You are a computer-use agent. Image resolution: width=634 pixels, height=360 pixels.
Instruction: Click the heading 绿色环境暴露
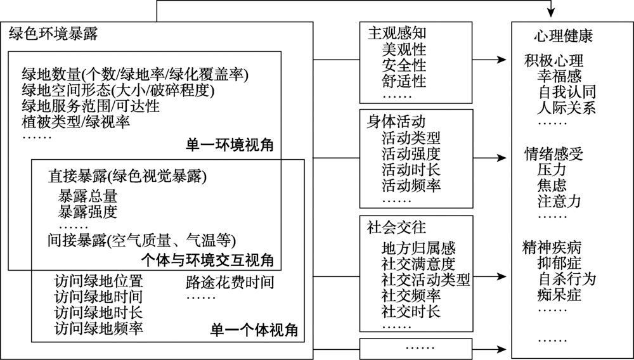[x=53, y=34]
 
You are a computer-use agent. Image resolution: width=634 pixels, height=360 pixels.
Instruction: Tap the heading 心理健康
[x=563, y=36]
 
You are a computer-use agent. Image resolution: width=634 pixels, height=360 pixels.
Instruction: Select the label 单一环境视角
[x=230, y=145]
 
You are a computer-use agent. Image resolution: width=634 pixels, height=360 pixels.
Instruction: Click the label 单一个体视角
[x=254, y=330]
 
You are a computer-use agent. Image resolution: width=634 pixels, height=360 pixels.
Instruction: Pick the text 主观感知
[x=397, y=33]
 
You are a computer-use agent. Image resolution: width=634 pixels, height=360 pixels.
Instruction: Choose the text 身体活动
[x=396, y=122]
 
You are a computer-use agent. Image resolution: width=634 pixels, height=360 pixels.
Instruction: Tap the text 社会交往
[x=396, y=228]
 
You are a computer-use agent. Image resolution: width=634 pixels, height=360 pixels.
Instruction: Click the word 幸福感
[x=560, y=76]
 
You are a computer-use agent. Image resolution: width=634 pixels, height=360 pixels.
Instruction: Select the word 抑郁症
[x=560, y=263]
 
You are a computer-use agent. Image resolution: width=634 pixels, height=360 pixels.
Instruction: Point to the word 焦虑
[x=552, y=186]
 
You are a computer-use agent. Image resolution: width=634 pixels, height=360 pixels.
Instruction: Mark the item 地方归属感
[x=418, y=248]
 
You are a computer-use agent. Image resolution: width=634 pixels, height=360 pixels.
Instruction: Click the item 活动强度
[x=411, y=154]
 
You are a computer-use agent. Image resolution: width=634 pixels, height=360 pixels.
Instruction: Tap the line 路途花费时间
[x=230, y=282]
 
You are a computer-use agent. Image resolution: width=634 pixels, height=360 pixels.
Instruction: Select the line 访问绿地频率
[x=99, y=328]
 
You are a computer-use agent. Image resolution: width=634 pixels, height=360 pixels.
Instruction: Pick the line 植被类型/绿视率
[x=76, y=122]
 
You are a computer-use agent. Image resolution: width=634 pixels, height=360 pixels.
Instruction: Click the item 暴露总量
[x=87, y=196]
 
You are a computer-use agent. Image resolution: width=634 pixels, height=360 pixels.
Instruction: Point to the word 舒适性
[x=404, y=81]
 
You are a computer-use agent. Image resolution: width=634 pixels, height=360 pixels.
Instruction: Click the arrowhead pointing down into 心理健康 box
[x=551, y=13]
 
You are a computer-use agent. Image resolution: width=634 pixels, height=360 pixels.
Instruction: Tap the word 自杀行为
[x=567, y=279]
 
